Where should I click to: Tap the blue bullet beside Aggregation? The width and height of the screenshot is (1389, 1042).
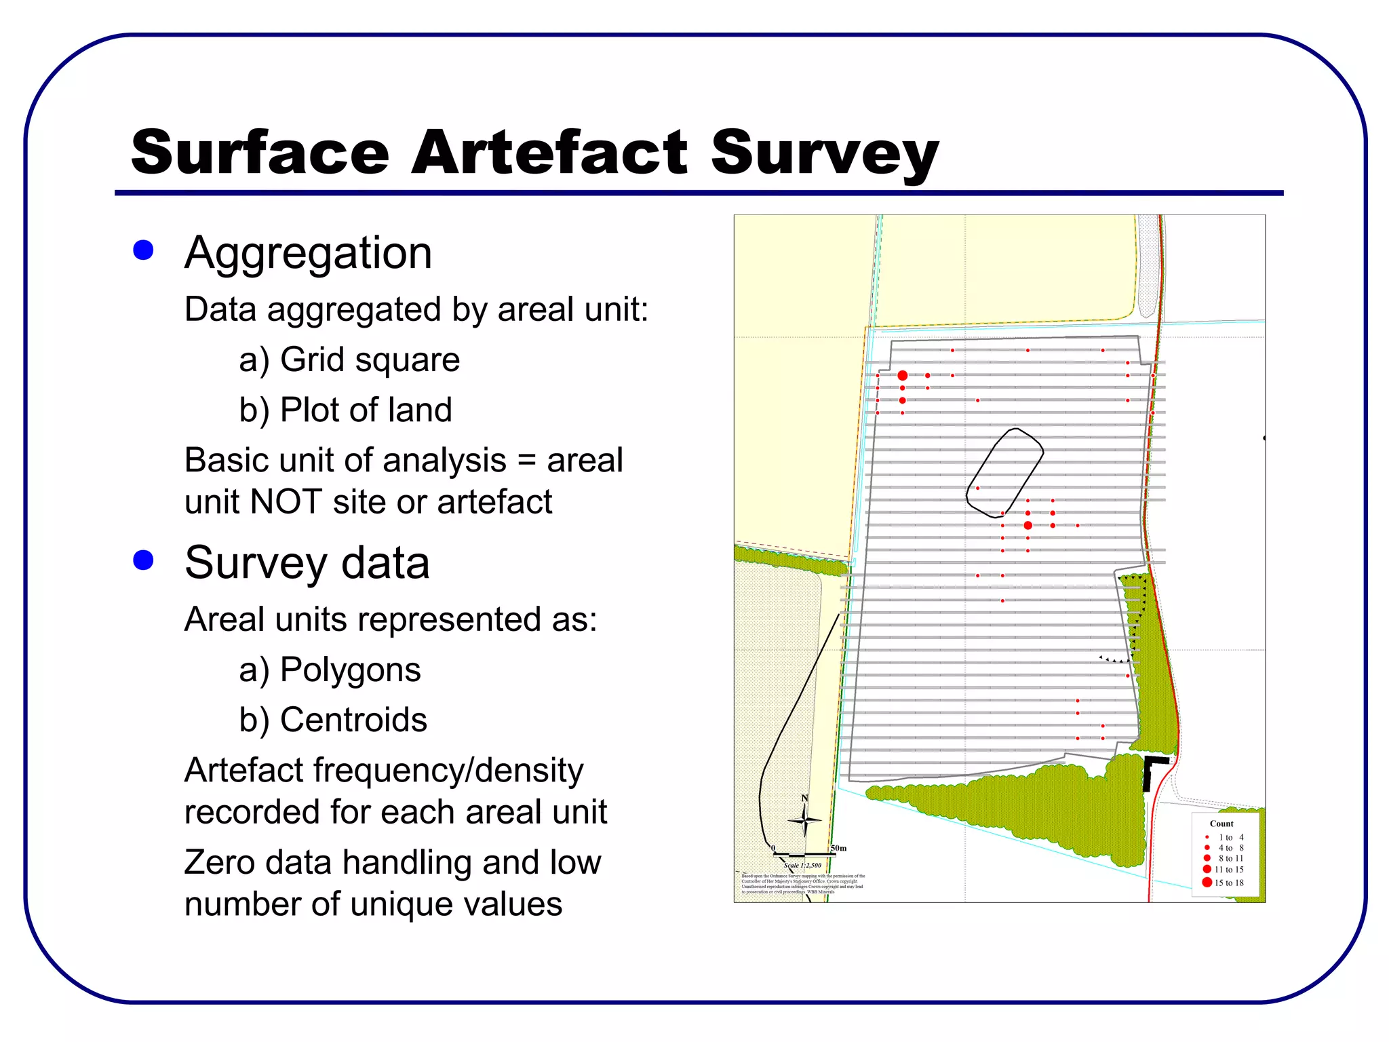[144, 250]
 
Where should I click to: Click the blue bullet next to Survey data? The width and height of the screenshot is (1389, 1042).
[144, 560]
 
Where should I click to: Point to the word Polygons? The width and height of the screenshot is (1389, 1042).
[350, 670]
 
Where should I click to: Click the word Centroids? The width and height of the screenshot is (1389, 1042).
[353, 720]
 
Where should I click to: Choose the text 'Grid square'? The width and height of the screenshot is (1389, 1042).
[370, 360]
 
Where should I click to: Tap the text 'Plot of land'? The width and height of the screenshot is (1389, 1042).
[366, 410]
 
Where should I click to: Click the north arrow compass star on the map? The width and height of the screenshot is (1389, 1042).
[804, 819]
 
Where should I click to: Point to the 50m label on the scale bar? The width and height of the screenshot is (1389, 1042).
[838, 848]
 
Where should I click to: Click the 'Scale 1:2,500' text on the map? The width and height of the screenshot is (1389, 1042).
[802, 865]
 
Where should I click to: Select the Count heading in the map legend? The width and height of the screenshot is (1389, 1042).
[1221, 824]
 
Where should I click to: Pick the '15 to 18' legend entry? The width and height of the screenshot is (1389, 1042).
[1228, 883]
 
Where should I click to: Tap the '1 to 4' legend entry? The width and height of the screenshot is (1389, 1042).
[1230, 837]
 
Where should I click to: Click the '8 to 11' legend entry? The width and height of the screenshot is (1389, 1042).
[1230, 858]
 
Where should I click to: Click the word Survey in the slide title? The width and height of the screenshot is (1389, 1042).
[824, 152]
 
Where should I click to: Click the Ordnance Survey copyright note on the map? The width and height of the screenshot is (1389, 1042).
[802, 884]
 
